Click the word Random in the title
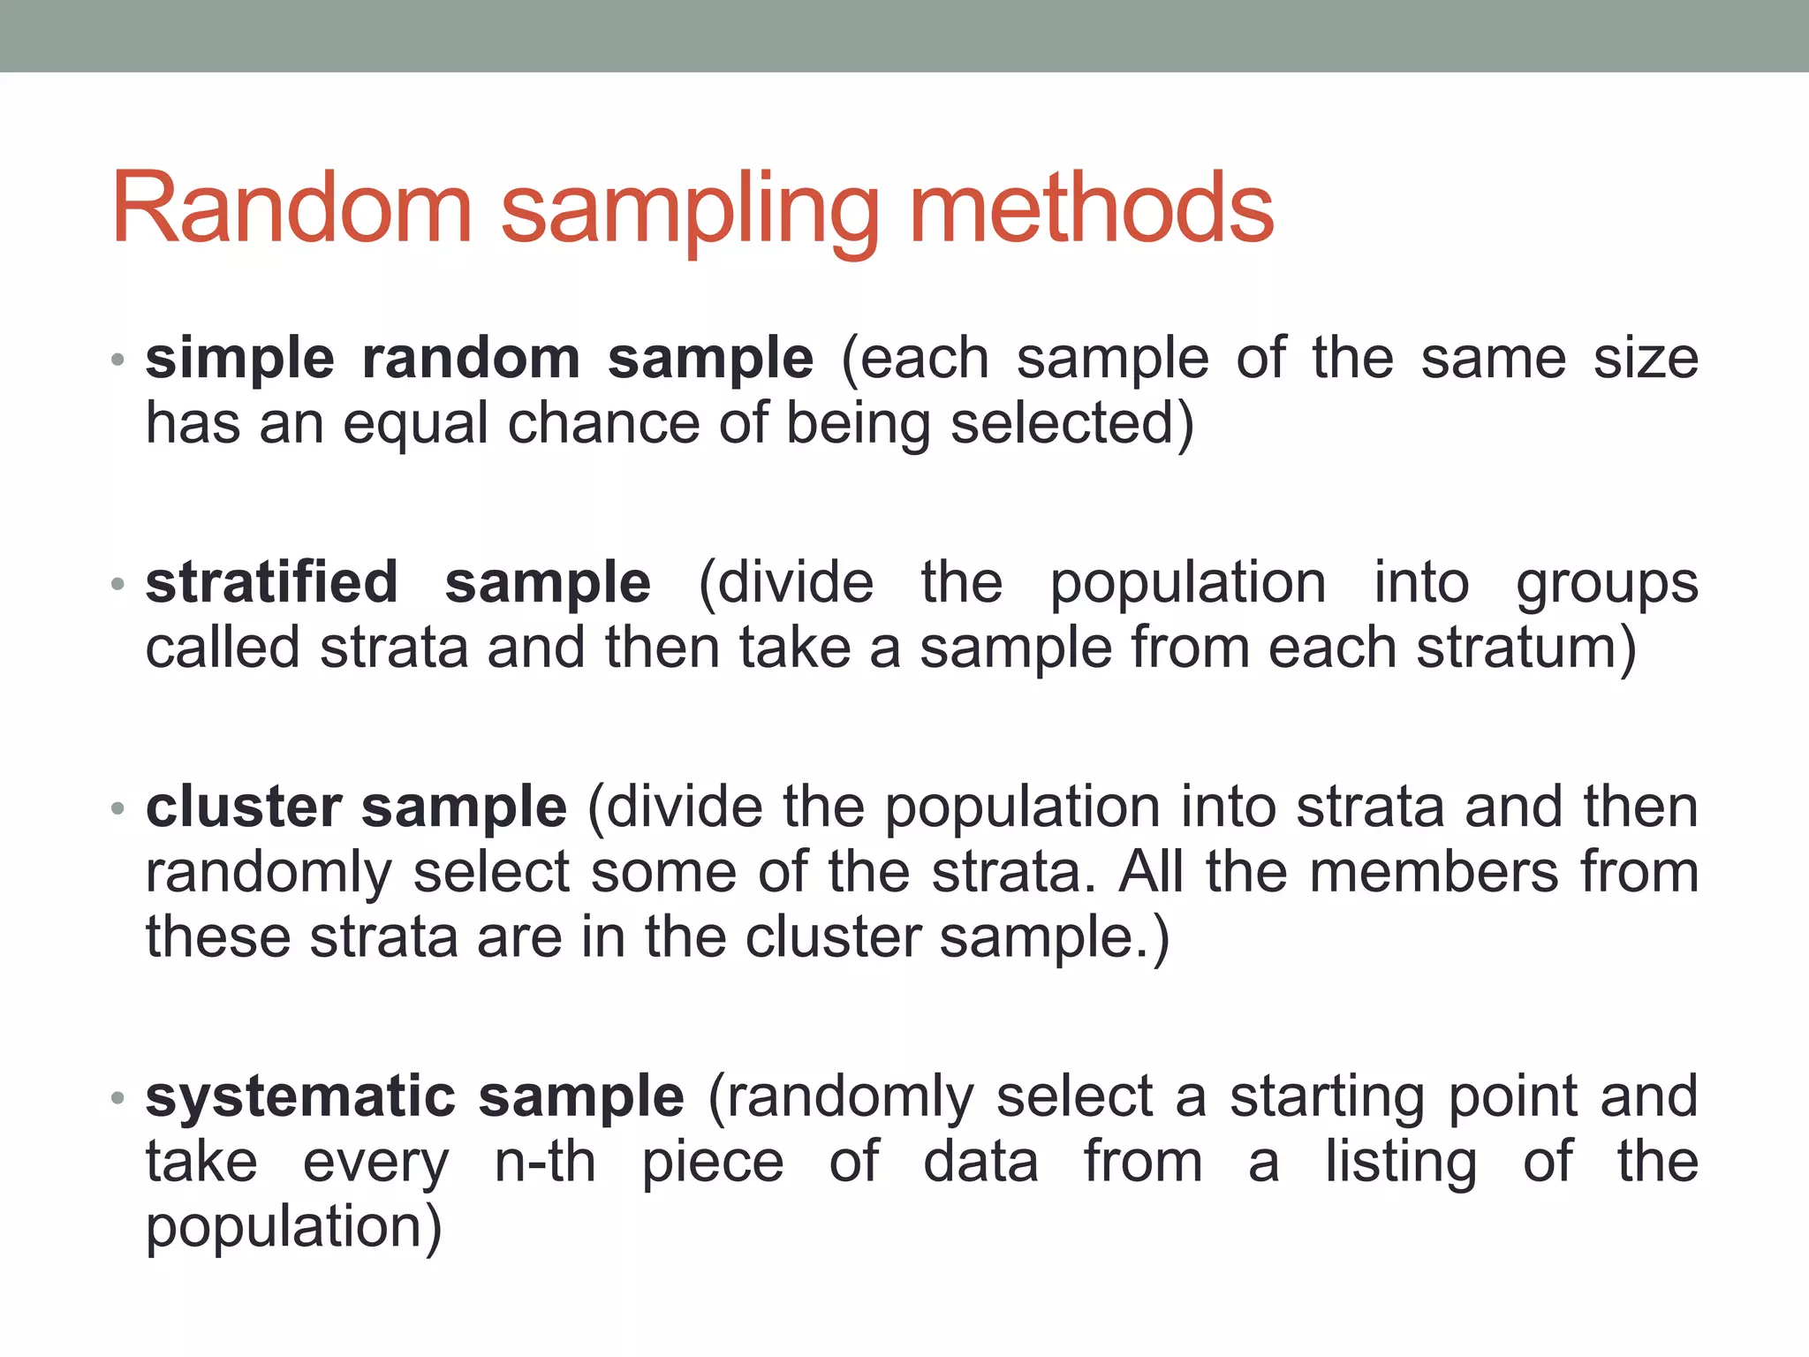(x=292, y=208)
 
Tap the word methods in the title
(x=1092, y=208)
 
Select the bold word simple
(x=239, y=359)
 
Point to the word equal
(x=415, y=424)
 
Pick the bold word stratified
(x=271, y=582)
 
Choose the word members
(x=1434, y=872)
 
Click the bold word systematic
(x=300, y=1097)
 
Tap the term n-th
(x=544, y=1162)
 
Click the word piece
(x=712, y=1164)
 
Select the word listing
(x=1400, y=1164)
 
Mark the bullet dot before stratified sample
(x=118, y=584)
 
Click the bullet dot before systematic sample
(x=118, y=1098)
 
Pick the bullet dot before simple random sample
(x=118, y=360)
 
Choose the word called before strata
(x=223, y=648)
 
